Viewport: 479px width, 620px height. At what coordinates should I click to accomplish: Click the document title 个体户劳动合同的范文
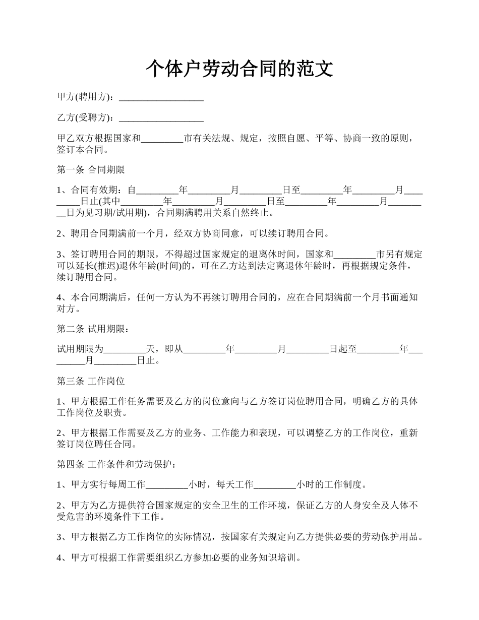239,69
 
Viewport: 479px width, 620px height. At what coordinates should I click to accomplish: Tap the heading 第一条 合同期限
91,170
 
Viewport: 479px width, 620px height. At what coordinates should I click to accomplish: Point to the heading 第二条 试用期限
92,329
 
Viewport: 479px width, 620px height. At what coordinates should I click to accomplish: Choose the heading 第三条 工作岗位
91,381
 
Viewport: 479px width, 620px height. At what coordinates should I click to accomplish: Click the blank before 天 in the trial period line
125,349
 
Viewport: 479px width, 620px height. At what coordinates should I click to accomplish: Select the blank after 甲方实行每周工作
167,485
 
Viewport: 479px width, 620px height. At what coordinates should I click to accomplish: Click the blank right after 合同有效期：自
158,191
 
